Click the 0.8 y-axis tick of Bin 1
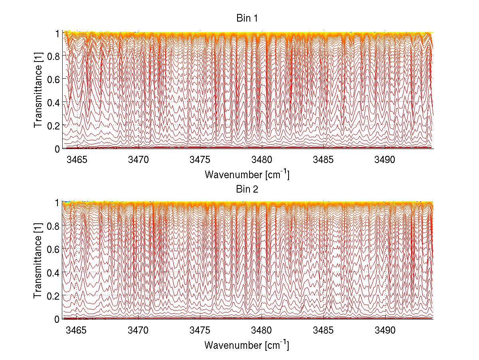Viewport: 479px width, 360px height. coord(54,56)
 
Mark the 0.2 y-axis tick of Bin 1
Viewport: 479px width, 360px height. coord(54,125)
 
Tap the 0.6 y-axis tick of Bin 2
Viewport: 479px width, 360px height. coord(54,249)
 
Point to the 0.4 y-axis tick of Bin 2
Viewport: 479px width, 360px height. coord(54,272)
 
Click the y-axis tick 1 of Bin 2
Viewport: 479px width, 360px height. coord(57,203)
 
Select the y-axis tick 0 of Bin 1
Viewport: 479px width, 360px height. coord(57,149)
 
